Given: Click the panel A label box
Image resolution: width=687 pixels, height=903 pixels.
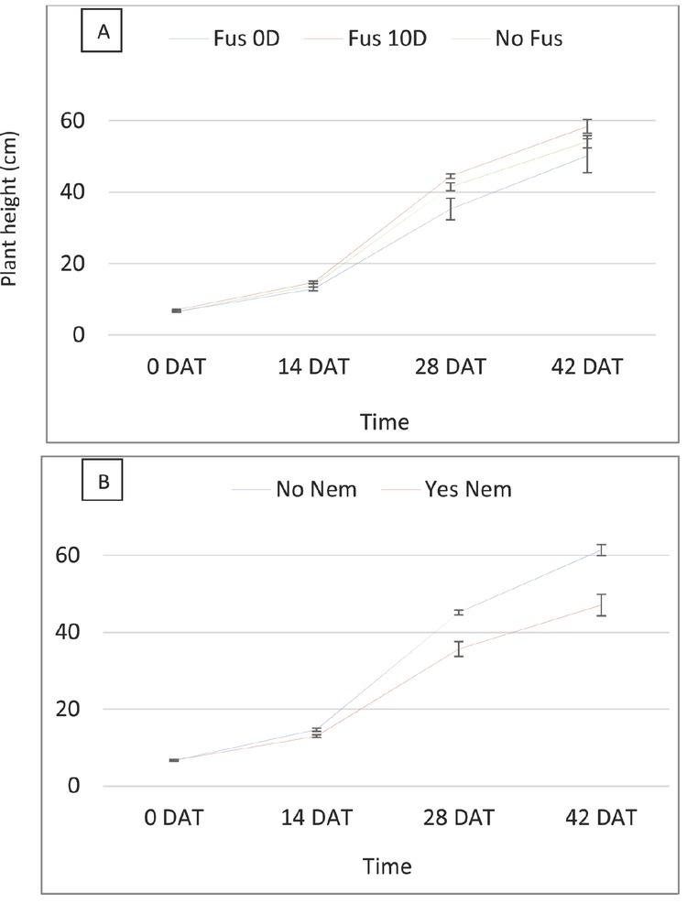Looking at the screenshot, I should [103, 34].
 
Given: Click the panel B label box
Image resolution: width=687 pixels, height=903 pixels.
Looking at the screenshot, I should [103, 484].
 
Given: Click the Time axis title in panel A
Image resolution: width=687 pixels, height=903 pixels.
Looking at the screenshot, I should [385, 421].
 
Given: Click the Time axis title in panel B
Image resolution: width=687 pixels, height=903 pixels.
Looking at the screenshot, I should [387, 865].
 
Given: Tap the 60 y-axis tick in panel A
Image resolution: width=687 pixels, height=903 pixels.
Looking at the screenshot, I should [71, 121].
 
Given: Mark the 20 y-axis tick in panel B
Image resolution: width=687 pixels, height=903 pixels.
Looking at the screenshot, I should [71, 709].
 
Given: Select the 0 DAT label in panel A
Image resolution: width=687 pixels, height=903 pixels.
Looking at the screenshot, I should [176, 367].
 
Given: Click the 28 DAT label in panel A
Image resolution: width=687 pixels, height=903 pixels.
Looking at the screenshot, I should [450, 367].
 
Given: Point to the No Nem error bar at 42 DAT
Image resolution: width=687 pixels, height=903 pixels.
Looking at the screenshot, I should [601, 549].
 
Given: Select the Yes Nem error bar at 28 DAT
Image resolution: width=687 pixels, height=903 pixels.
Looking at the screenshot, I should [460, 649].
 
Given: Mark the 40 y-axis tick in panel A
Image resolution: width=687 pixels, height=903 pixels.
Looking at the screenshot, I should [71, 192].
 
